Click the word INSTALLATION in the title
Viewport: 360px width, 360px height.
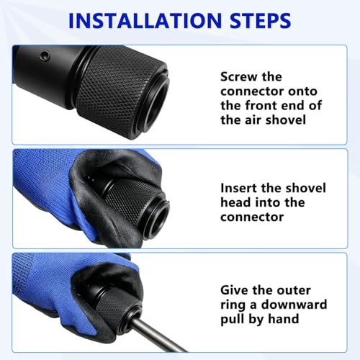coord(145,21)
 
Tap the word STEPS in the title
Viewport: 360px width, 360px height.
coord(261,21)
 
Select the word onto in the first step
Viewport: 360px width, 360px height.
coord(303,91)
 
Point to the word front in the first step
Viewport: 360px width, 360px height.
coord(261,106)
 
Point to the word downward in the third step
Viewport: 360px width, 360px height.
coord(294,305)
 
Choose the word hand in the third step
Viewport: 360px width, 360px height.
coord(284,319)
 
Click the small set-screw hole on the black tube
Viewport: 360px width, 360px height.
coord(45,56)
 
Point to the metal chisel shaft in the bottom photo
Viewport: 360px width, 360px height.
coord(157,336)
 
